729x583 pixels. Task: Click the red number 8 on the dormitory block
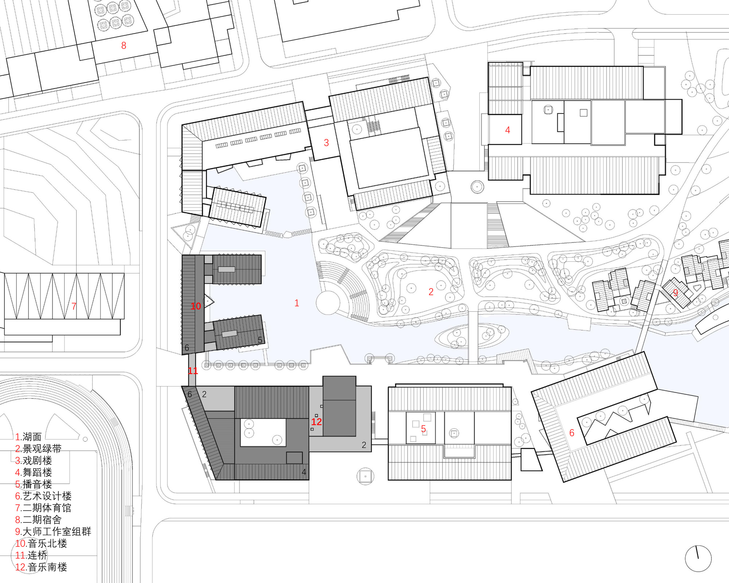tap(124, 46)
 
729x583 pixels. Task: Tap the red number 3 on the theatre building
tap(326, 143)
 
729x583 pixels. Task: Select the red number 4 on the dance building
tap(507, 130)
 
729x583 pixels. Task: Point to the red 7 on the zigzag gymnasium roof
tap(74, 306)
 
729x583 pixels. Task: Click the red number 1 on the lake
tap(297, 303)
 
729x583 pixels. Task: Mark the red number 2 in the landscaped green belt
tap(431, 292)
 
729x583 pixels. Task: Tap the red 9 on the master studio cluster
tap(675, 293)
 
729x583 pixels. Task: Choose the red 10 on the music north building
tap(196, 306)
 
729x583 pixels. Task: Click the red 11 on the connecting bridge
tap(193, 371)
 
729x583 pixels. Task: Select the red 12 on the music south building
tap(316, 422)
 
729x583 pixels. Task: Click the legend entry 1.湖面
tap(28, 437)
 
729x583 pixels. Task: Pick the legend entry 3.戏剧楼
tap(34, 460)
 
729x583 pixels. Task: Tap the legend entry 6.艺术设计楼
tap(43, 496)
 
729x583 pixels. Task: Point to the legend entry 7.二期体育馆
tap(43, 508)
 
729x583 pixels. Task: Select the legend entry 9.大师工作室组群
tap(53, 532)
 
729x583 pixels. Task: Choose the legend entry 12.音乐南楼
tap(41, 567)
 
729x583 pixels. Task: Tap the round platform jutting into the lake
tap(328, 303)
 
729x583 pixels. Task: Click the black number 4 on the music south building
tap(304, 472)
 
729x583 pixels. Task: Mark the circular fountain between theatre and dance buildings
tap(477, 187)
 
